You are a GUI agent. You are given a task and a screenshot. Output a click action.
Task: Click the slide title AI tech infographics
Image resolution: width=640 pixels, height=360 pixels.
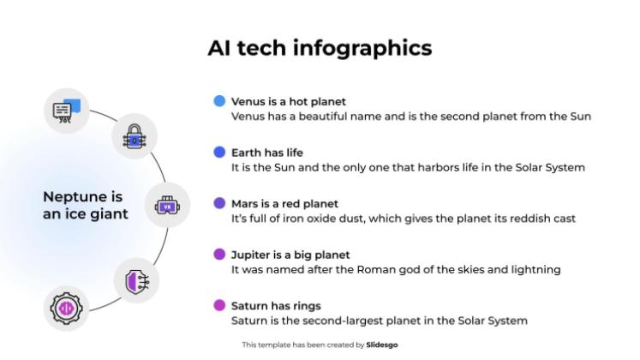click(x=320, y=47)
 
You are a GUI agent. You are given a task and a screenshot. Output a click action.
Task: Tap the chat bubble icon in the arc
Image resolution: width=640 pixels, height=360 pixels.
click(x=67, y=110)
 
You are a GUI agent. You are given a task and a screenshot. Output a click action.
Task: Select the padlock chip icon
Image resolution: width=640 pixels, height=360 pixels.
click(x=134, y=135)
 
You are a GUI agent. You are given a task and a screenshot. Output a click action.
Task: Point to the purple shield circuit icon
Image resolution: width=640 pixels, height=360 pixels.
click(x=135, y=280)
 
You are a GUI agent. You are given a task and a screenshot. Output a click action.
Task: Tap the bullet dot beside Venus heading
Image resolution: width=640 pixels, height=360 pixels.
click(x=219, y=101)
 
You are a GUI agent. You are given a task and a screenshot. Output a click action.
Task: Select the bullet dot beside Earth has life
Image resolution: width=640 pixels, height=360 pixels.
click(x=219, y=153)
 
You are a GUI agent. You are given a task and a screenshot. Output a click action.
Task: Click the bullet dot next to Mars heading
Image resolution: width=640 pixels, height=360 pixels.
click(x=219, y=203)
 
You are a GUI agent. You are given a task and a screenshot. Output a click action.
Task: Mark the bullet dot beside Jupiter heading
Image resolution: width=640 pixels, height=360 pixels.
click(x=219, y=255)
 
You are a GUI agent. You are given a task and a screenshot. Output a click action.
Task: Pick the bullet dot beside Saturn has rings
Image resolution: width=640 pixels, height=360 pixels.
click(x=219, y=305)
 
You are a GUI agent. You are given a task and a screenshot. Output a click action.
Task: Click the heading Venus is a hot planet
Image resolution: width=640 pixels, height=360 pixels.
click(x=289, y=101)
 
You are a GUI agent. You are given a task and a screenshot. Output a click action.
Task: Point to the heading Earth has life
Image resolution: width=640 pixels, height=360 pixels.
click(x=267, y=153)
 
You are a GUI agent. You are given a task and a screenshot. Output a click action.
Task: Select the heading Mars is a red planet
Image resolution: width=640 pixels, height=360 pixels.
click(x=284, y=204)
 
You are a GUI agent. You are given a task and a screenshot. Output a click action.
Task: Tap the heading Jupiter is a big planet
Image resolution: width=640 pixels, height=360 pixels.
click(x=290, y=255)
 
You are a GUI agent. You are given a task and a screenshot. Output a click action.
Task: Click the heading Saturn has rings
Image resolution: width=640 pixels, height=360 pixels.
click(x=276, y=305)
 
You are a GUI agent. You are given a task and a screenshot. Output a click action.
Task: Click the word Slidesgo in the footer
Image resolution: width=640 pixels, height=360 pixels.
click(x=382, y=345)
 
